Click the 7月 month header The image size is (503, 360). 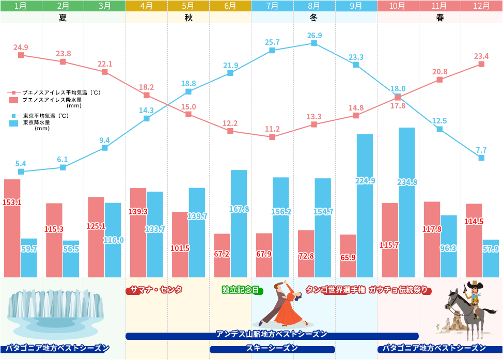[272, 6]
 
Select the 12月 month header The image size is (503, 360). [482, 6]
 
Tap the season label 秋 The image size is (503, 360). [188, 18]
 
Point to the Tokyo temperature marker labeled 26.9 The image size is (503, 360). [314, 43]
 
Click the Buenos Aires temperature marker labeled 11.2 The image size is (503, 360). [272, 137]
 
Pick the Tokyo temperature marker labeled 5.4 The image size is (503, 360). [21, 171]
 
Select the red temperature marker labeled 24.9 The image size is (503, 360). [21, 55]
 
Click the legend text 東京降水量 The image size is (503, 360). [37, 123]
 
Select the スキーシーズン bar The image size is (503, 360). [272, 349]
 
